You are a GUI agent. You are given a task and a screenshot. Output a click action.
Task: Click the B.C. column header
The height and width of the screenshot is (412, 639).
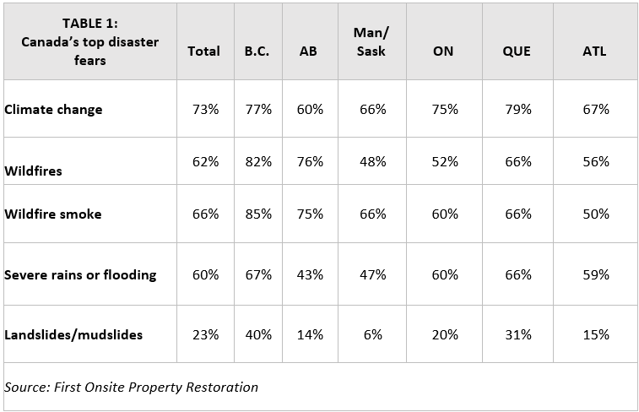click(257, 51)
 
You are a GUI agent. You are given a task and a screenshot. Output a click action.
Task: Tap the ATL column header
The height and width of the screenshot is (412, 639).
click(594, 51)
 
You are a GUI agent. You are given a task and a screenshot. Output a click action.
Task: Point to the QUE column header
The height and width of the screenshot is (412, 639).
click(516, 51)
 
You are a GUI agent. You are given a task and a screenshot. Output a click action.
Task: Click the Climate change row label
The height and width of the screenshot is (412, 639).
click(53, 110)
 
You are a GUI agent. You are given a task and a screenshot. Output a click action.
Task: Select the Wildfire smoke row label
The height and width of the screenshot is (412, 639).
click(53, 214)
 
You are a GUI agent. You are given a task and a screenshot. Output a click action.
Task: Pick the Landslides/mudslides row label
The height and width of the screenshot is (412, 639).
click(73, 335)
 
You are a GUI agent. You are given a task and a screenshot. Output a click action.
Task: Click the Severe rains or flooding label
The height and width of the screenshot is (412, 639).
click(81, 275)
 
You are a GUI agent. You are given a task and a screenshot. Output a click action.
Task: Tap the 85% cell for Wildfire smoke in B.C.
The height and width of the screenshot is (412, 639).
click(257, 214)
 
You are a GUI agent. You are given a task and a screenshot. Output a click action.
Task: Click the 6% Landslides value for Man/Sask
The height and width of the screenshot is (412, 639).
click(372, 335)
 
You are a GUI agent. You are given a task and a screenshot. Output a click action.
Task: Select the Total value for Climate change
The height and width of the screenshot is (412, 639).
click(204, 110)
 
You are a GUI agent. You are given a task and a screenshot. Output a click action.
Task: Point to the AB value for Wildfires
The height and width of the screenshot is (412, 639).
click(310, 162)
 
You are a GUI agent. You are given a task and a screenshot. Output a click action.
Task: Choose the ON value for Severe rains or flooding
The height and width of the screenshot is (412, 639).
click(444, 275)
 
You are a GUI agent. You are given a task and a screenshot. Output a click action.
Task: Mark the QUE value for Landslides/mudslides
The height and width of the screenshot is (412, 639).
click(517, 335)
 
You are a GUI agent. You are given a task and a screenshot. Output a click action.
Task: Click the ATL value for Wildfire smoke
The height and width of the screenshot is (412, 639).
click(595, 214)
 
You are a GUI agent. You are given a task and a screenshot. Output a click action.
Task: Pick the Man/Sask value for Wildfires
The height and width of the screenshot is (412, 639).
click(372, 162)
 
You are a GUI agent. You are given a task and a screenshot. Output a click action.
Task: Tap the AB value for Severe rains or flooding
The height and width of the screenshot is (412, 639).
click(310, 275)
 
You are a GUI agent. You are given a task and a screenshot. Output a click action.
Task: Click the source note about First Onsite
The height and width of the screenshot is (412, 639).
click(131, 388)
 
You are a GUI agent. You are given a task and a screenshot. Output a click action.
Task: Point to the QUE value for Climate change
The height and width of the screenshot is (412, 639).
click(517, 110)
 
